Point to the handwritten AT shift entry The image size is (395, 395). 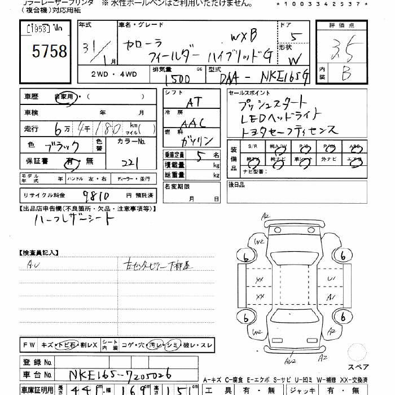pyautogui.click(x=194, y=103)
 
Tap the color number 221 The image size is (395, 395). pyautogui.click(x=130, y=162)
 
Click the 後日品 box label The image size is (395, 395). pyautogui.click(x=238, y=184)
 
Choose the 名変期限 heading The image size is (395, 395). pyautogui.click(x=177, y=186)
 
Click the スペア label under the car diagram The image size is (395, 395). pyautogui.click(x=358, y=352)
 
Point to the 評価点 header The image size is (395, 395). pyautogui.click(x=343, y=25)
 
